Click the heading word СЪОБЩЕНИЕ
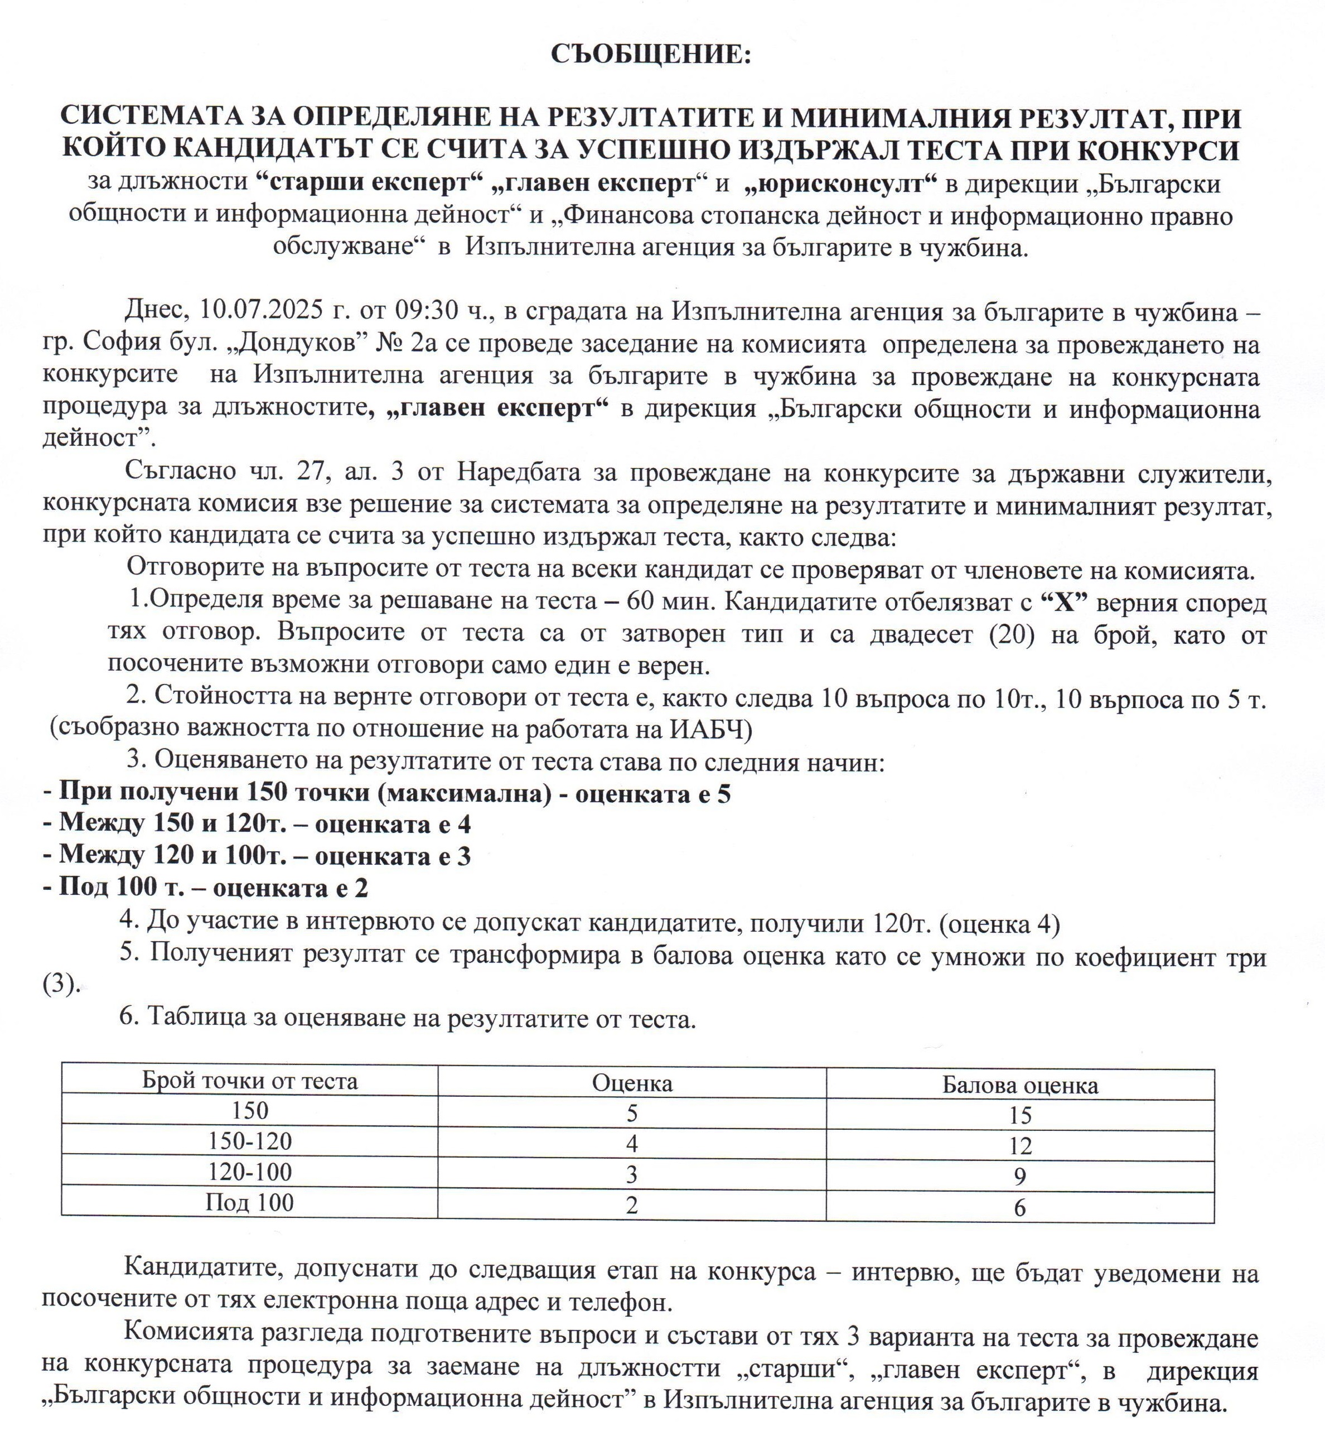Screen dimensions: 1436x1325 650,55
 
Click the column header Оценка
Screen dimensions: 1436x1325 632,1082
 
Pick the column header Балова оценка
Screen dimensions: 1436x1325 1019,1085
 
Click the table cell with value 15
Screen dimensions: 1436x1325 1019,1115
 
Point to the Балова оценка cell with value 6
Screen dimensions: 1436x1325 1019,1208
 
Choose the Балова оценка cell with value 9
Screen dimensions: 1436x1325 1019,1177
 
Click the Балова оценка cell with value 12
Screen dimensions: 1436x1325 1019,1146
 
